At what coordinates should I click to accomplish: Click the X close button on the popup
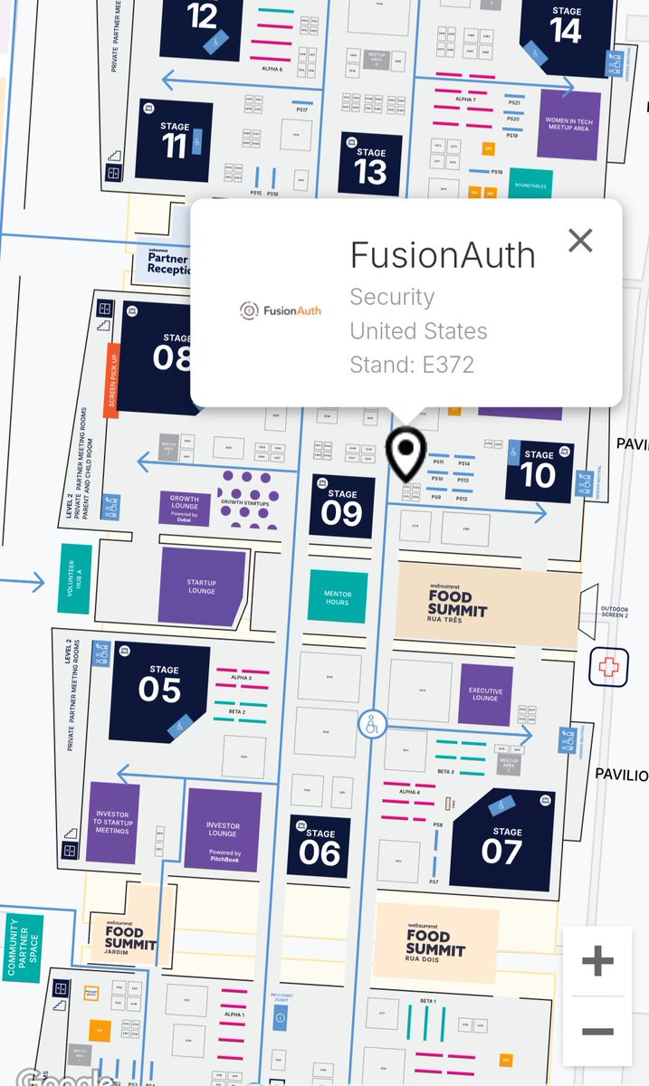point(580,240)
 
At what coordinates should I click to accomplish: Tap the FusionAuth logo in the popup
point(280,310)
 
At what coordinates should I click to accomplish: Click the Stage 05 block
point(159,692)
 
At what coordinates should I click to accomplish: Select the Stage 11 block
point(175,140)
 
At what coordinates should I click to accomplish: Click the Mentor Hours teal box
point(337,595)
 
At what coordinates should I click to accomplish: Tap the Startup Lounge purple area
point(202,586)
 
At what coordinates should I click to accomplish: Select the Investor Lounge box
point(223,831)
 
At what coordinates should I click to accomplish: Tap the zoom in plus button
point(597,960)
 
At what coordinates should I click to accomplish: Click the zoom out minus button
point(597,1031)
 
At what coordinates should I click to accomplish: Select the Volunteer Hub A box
point(75,580)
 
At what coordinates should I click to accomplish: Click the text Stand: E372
point(412,365)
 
